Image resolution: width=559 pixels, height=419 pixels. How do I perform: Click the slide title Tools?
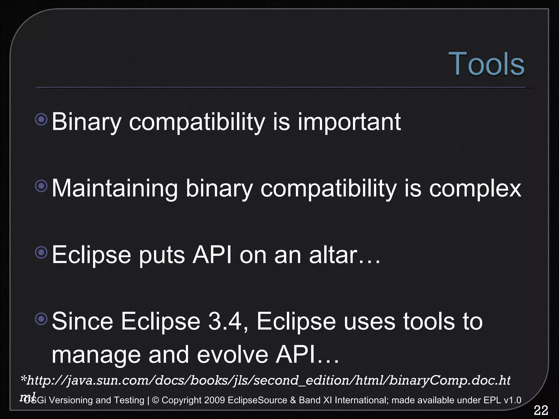486,64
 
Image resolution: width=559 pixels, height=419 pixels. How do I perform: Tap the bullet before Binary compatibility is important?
41,119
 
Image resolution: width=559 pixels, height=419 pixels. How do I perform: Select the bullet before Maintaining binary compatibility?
41,186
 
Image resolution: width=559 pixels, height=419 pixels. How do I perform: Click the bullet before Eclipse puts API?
41,253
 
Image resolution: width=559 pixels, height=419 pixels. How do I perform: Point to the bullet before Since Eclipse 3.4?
41,319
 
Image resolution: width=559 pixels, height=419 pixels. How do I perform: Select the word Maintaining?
115,189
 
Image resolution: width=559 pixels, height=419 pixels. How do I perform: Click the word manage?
95,355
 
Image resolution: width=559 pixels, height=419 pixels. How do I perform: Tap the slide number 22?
541,410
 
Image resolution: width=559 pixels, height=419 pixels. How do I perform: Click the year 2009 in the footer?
214,400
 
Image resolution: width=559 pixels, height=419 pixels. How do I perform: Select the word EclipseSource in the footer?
257,400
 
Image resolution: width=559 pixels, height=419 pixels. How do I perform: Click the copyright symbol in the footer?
156,400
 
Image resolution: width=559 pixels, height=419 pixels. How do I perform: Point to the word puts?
162,255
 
